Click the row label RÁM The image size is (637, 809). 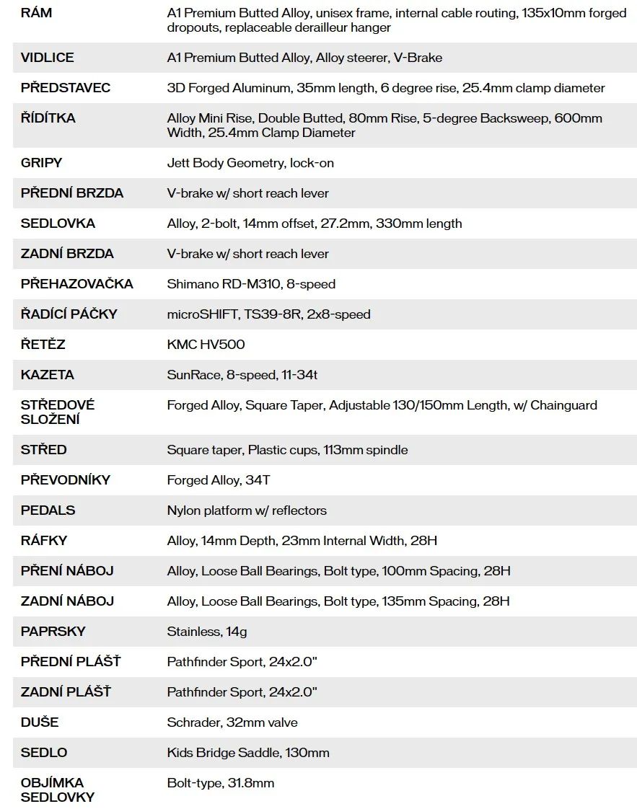coord(36,13)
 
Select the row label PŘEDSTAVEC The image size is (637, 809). coord(66,88)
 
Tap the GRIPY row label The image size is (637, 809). coord(41,163)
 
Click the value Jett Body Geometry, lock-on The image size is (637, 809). coord(250,163)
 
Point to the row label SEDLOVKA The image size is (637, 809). coord(58,224)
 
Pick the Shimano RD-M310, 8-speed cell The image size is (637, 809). coord(251,284)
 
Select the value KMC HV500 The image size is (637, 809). coord(206,345)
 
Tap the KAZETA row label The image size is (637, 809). coord(47,375)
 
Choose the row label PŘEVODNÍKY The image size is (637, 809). coord(66,480)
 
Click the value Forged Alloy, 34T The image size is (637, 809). coord(219,480)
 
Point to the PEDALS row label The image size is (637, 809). coord(48,510)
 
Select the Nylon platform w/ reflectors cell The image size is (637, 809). coord(247,510)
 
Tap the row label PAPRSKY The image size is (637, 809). coord(53,632)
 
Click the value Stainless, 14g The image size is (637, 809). coord(207,632)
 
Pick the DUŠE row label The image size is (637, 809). coord(40,722)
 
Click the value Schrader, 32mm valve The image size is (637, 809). coord(232,722)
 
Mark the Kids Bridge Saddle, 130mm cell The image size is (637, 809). coord(248,753)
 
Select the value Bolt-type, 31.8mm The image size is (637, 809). coord(221,783)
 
